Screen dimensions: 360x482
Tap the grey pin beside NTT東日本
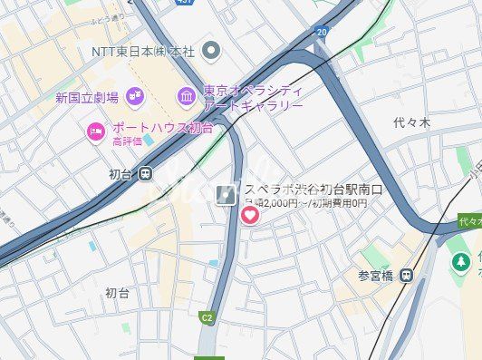tap(212, 50)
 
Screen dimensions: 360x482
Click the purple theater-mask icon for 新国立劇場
tap(134, 95)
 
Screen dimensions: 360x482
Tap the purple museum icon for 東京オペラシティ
tap(187, 95)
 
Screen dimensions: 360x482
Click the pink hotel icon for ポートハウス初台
tap(96, 132)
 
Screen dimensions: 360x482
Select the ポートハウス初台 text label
tap(163, 128)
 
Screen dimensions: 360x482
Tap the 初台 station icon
tap(146, 175)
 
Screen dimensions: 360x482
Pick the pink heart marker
tap(249, 215)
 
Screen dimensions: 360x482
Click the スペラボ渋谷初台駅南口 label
tap(313, 190)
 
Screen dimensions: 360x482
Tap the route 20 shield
tap(321, 33)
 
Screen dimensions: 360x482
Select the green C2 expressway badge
tap(207, 317)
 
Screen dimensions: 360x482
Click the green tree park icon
tap(460, 262)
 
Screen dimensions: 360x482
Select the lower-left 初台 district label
tap(117, 293)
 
